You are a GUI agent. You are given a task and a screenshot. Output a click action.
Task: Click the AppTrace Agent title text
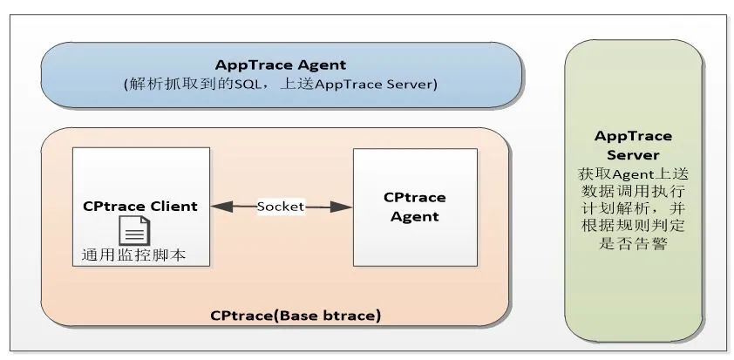(282, 65)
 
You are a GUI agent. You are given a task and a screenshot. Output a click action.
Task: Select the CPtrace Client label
(140, 207)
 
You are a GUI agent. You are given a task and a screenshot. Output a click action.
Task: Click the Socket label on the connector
(281, 207)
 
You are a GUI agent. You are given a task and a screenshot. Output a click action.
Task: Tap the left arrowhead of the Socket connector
(217, 207)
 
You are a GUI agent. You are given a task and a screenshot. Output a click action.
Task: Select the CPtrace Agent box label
(414, 207)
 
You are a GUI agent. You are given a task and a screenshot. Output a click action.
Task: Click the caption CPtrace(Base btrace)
(296, 314)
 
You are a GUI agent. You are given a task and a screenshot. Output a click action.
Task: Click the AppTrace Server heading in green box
(633, 145)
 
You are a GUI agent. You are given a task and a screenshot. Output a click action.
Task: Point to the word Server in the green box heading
(633, 154)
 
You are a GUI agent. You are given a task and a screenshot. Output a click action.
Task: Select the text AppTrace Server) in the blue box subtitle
(388, 85)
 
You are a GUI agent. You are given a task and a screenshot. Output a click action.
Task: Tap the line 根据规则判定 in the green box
(633, 227)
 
